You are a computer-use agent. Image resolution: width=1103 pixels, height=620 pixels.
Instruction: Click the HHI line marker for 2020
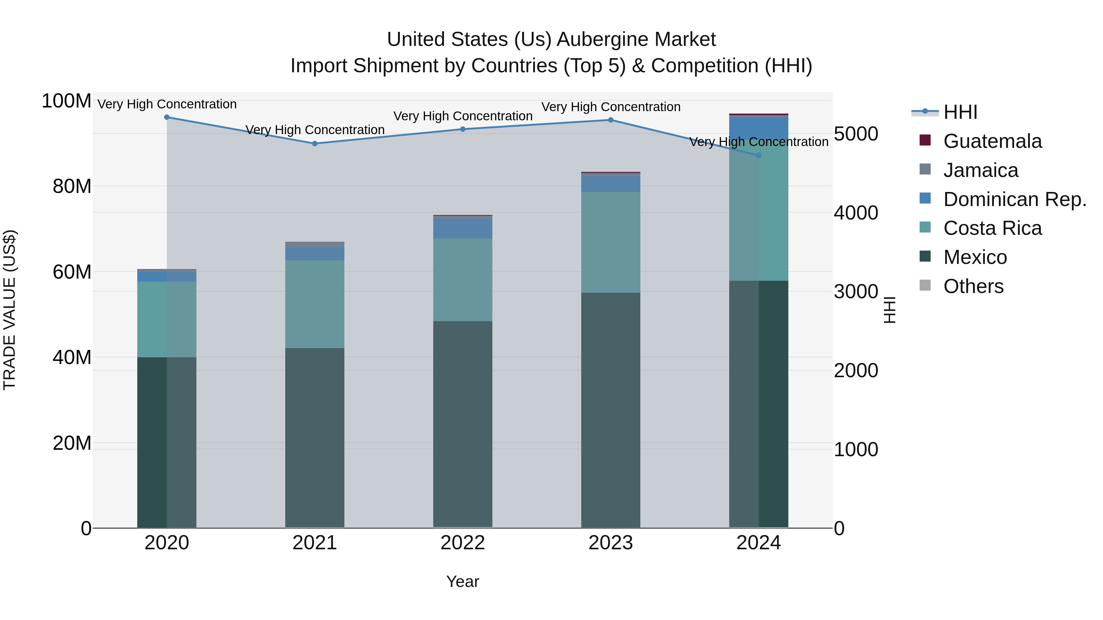(167, 117)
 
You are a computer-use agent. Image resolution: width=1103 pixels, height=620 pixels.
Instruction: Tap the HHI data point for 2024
(758, 155)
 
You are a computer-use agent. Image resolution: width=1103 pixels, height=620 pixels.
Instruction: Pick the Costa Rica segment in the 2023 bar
(611, 242)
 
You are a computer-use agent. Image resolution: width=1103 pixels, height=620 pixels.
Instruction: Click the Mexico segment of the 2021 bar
(315, 436)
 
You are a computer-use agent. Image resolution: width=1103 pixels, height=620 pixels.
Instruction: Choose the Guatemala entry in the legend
(992, 141)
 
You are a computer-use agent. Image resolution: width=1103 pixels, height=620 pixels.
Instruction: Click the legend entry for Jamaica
(980, 170)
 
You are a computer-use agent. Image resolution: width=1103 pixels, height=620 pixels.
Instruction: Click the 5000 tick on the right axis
(855, 134)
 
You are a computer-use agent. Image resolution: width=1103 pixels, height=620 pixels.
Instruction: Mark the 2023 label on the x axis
(611, 543)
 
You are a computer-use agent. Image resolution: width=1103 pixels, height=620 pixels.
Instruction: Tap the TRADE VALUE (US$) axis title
(9, 310)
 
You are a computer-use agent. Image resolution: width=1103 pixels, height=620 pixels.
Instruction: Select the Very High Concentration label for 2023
(611, 107)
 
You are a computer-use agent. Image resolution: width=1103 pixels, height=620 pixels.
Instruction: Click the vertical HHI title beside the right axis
(889, 310)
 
